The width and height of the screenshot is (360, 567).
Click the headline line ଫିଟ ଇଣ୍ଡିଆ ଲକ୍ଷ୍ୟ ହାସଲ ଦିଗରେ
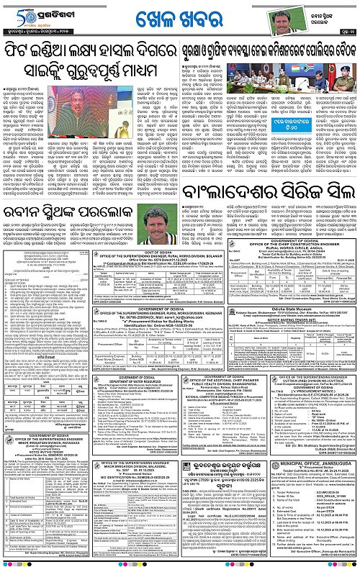(101, 53)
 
